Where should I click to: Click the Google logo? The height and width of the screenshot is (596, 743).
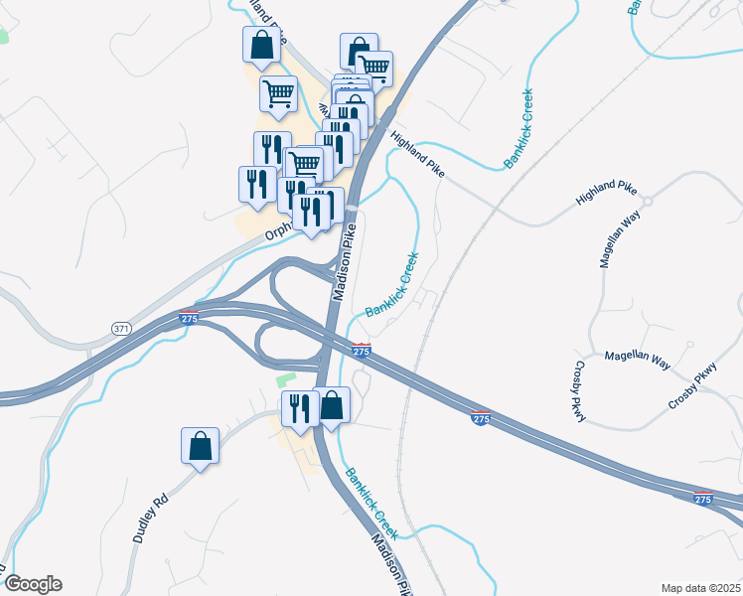[32, 584]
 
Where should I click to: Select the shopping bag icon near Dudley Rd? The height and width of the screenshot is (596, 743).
[200, 445]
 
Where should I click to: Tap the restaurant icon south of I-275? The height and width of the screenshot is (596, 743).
[299, 407]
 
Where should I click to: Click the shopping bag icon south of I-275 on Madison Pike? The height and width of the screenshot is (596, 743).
[333, 404]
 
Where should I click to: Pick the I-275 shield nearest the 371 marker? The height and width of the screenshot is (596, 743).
[189, 318]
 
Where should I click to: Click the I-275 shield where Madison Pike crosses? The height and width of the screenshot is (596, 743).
[362, 351]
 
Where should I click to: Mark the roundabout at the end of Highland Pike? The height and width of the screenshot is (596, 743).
[647, 202]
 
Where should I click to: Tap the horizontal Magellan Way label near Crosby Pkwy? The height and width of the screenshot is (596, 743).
[637, 359]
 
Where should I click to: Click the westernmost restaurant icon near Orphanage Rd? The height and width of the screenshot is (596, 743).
[256, 185]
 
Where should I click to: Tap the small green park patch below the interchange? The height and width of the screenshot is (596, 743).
[286, 379]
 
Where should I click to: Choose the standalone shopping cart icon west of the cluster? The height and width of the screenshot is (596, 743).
[278, 93]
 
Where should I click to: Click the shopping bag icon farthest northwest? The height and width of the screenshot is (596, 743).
[260, 45]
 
